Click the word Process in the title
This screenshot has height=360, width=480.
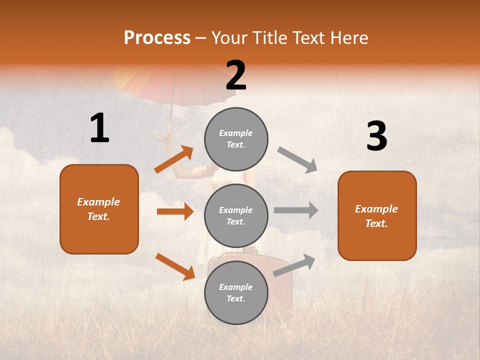157,38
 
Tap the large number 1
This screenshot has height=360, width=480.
99,128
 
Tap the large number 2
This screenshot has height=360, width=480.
236,76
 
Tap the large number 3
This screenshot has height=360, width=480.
376,136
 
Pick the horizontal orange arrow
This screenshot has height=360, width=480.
175,211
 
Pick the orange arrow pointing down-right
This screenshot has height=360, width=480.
175,266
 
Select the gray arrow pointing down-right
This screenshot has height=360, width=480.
297,159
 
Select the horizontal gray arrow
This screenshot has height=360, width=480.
295,210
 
